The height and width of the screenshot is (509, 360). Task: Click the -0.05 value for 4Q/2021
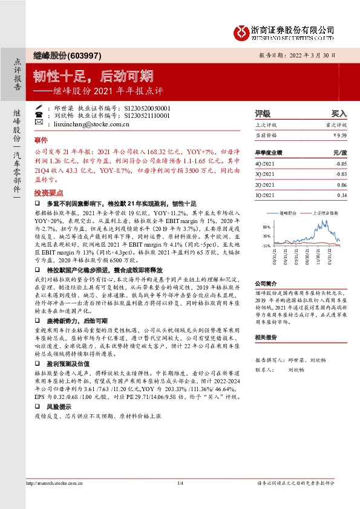tap(341, 164)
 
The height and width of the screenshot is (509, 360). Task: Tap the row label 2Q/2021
tap(266, 185)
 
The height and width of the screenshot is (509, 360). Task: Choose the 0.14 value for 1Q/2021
tap(342, 195)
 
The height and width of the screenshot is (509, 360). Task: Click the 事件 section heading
tap(41, 140)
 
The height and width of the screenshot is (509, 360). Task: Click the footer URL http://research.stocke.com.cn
tap(52, 483)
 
